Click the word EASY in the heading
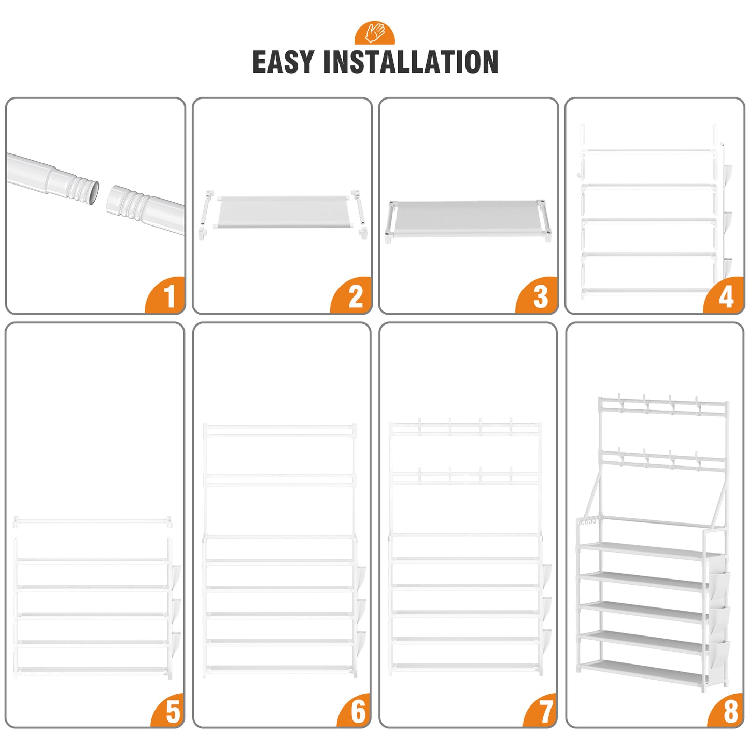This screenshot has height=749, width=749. point(282,62)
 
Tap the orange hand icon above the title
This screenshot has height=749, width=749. point(374,33)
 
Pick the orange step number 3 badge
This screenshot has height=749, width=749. point(538,296)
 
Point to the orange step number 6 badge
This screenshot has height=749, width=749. point(355,711)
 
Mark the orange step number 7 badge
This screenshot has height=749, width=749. point(542,711)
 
